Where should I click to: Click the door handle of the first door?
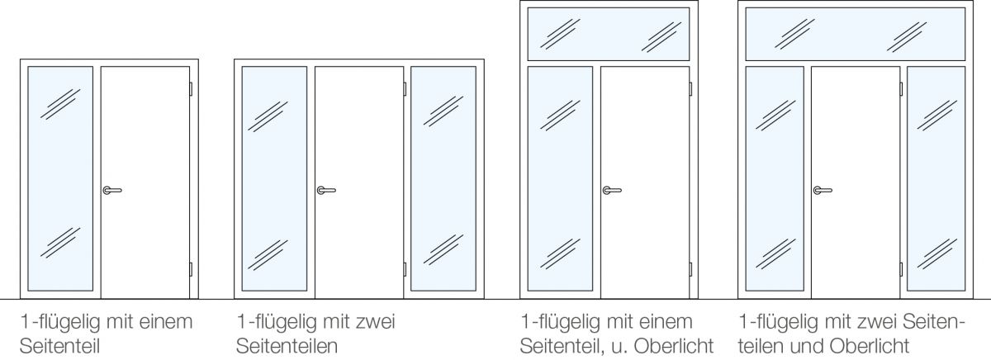(x=112, y=190)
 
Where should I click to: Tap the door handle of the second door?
(x=326, y=190)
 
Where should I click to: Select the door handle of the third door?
(x=612, y=190)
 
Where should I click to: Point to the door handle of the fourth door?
(x=823, y=190)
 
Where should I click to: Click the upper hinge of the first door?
(x=191, y=89)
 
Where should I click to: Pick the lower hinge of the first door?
(x=191, y=269)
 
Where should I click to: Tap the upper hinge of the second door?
(x=405, y=89)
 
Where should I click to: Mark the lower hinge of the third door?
(x=690, y=269)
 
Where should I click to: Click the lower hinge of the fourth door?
(x=901, y=269)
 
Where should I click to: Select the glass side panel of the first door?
(x=60, y=178)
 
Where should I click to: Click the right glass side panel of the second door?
(x=443, y=178)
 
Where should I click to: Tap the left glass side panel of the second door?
(x=274, y=178)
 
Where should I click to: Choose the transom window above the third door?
(x=609, y=34)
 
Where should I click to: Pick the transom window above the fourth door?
(x=856, y=34)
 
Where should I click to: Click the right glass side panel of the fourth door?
(x=936, y=178)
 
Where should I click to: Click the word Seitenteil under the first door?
(x=59, y=346)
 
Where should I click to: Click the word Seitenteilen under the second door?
(x=287, y=346)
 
